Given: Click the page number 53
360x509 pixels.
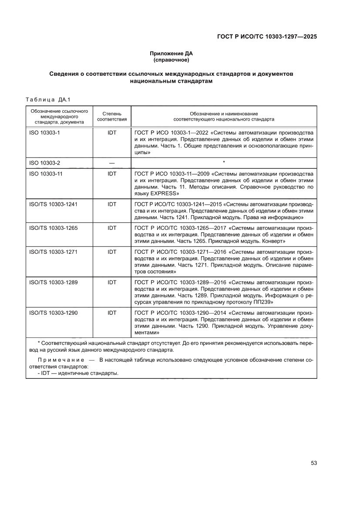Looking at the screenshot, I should (x=313, y=463).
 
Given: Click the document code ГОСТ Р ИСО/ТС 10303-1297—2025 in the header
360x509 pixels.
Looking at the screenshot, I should (x=266, y=37).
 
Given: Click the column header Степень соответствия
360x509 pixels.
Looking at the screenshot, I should (x=112, y=116).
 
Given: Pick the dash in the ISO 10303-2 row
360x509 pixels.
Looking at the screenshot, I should (x=112, y=163).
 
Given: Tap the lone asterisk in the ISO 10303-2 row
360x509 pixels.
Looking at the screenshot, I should (x=223, y=162).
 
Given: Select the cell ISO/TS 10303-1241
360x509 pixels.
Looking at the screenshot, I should (x=53, y=204).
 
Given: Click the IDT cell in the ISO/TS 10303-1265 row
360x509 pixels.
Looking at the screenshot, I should (x=112, y=228).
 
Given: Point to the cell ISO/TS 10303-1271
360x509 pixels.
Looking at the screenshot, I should (x=53, y=252).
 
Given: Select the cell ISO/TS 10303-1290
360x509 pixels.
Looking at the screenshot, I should (x=53, y=313).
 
